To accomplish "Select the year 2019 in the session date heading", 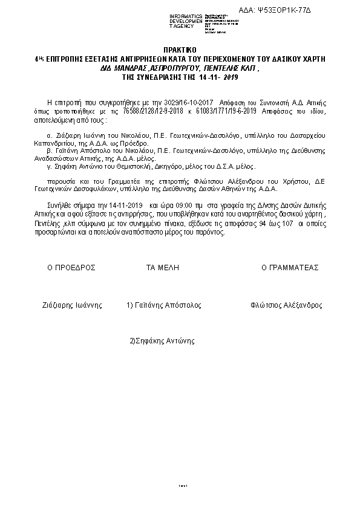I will click(x=232, y=78).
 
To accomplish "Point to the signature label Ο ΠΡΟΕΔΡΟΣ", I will click(x=71, y=267).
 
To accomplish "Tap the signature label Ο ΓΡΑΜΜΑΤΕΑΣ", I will click(x=290, y=267).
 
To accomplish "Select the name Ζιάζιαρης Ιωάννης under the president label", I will click(x=71, y=305).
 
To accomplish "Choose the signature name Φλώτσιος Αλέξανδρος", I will click(x=286, y=305).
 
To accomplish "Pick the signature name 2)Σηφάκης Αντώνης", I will click(x=162, y=341).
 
